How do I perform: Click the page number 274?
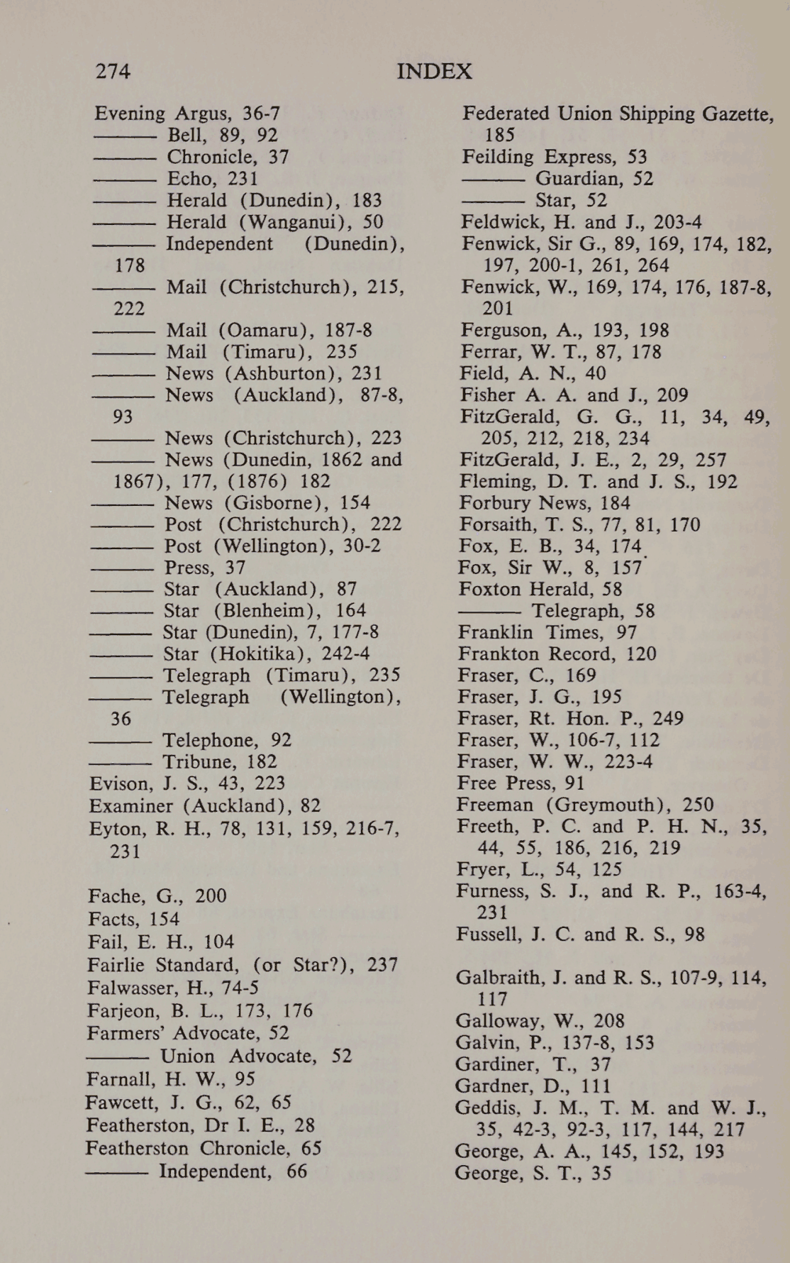113,71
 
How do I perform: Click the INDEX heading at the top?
434,72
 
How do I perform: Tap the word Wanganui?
298,222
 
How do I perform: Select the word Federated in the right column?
506,114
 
